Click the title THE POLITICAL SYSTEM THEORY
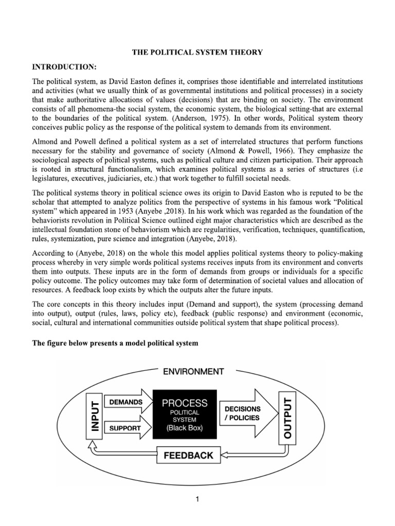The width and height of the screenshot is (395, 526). [x=198, y=52]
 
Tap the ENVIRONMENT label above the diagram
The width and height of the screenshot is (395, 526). [x=193, y=371]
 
